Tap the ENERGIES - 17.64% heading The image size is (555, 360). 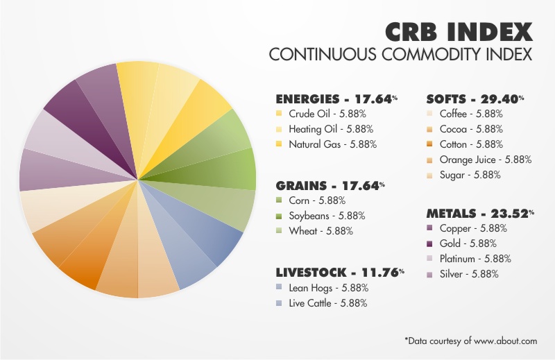coord(336,98)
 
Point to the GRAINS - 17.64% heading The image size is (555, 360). coord(330,186)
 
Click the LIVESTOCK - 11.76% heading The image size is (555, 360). coord(339,273)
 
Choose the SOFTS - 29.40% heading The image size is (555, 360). coord(475,98)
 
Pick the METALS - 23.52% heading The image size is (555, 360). coord(479,214)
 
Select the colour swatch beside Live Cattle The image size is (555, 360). coord(278,303)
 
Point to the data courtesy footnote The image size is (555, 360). coord(471,341)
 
